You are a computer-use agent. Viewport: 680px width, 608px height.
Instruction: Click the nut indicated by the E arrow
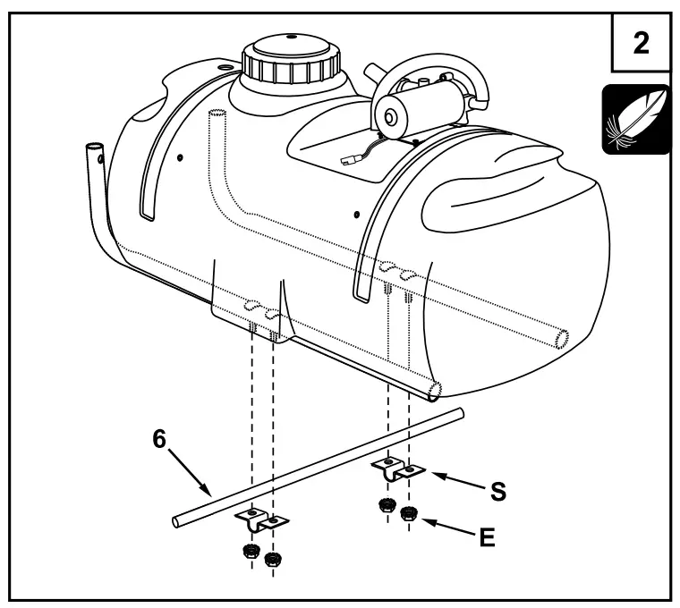point(410,514)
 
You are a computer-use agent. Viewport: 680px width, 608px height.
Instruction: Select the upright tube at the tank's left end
point(92,165)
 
